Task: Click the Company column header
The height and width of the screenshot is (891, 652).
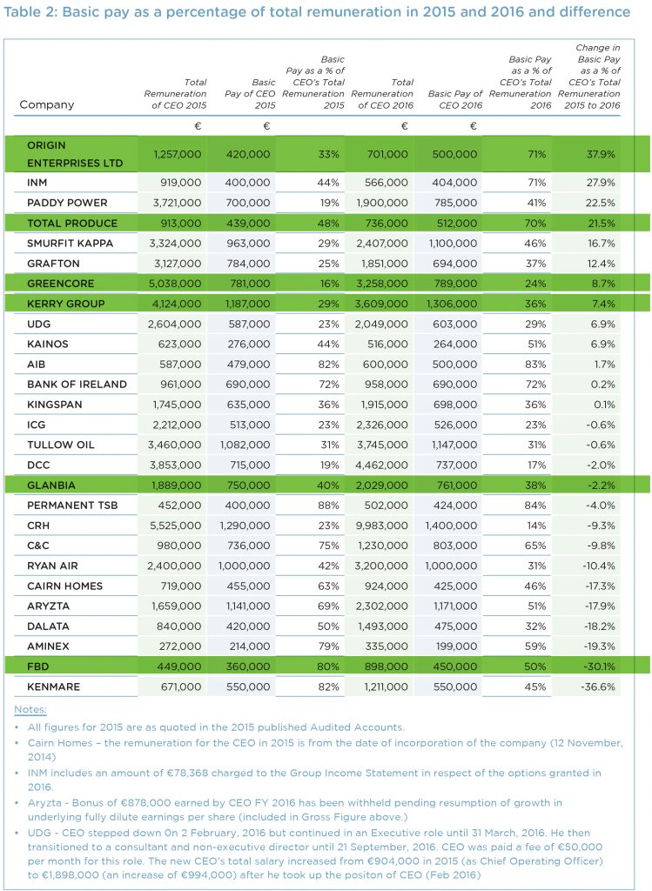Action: [46, 104]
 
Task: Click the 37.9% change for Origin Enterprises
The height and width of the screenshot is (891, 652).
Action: [599, 154]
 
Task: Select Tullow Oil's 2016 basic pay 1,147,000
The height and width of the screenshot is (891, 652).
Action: [451, 445]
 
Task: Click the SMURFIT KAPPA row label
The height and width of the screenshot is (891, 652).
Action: [71, 243]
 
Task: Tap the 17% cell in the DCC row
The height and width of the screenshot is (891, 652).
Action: [535, 465]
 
